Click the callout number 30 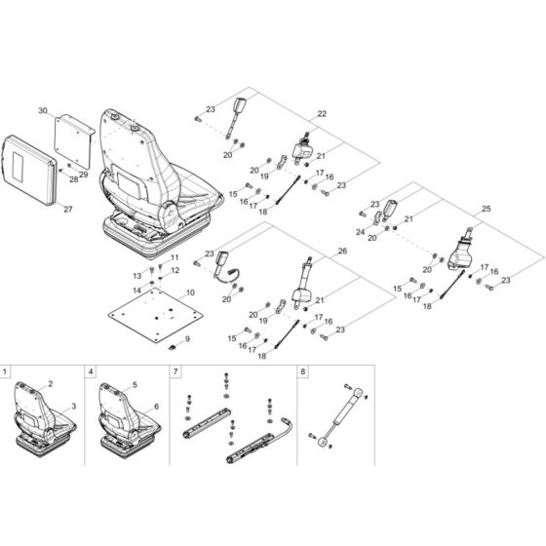pyautogui.click(x=42, y=113)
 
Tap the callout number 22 pyautogui.click(x=323, y=114)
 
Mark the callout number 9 pyautogui.click(x=189, y=338)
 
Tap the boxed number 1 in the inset pyautogui.click(x=8, y=371)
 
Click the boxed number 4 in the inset pyautogui.click(x=91, y=371)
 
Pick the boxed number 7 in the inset pyautogui.click(x=175, y=371)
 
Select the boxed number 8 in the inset pyautogui.click(x=303, y=371)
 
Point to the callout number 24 pyautogui.click(x=359, y=233)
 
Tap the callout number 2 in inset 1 pyautogui.click(x=50, y=386)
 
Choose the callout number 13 pyautogui.click(x=137, y=276)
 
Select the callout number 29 pyautogui.click(x=84, y=174)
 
